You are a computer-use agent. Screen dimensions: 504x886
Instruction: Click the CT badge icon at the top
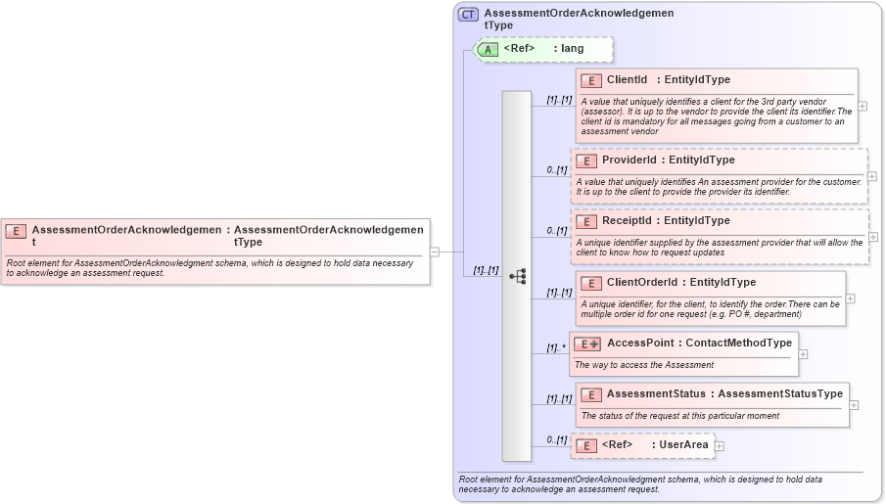pyautogui.click(x=469, y=15)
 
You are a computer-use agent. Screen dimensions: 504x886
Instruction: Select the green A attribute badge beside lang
pyautogui.click(x=488, y=49)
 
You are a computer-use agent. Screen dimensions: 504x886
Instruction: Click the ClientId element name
pyautogui.click(x=628, y=80)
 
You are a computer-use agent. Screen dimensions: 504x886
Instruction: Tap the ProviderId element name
pyautogui.click(x=629, y=160)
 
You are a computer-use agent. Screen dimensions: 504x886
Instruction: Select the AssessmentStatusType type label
pyautogui.click(x=780, y=394)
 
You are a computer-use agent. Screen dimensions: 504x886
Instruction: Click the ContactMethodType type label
pyautogui.click(x=739, y=344)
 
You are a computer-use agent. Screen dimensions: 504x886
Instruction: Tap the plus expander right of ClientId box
pyautogui.click(x=863, y=106)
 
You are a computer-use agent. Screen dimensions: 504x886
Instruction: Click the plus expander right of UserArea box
pyautogui.click(x=720, y=446)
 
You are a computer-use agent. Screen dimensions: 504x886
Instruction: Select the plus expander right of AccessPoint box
pyautogui.click(x=804, y=354)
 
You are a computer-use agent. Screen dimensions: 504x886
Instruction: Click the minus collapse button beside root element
pyautogui.click(x=435, y=252)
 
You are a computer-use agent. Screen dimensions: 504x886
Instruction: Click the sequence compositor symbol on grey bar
pyautogui.click(x=517, y=277)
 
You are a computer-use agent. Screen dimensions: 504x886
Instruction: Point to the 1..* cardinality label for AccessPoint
pyautogui.click(x=556, y=347)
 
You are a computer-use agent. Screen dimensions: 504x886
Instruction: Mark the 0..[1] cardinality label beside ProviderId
pyautogui.click(x=556, y=170)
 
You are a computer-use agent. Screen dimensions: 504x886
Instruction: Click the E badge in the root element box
pyautogui.click(x=16, y=231)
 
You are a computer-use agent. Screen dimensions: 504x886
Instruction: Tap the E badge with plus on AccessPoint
pyautogui.click(x=587, y=344)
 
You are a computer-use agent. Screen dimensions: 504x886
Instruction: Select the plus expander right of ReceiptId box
pyautogui.click(x=873, y=237)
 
